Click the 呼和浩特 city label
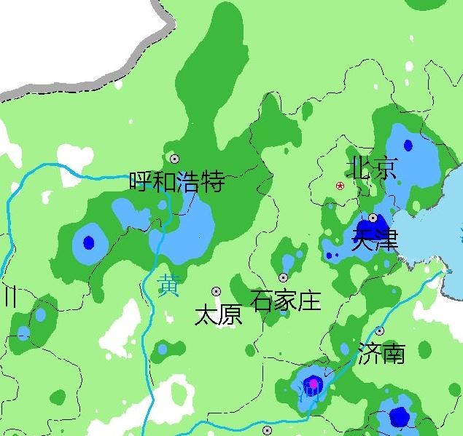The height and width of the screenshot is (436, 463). pos(176,181)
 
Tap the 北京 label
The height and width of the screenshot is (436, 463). pos(373,168)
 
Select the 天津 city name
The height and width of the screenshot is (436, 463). pos(375,239)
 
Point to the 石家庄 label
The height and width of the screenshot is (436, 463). pos(285,299)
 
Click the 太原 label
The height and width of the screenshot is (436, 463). pos(218,315)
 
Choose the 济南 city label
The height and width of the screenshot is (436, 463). pos(381,354)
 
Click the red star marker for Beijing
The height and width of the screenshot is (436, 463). pos(340,186)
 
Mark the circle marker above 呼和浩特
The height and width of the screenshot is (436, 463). pos(174,158)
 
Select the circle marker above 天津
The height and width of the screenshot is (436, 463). pos(373,218)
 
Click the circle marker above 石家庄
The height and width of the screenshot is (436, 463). pos(283,277)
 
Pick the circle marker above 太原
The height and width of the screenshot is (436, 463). pos(216,291)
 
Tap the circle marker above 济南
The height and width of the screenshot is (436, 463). pos(379,331)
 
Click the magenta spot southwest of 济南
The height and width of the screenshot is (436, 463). pos(314,383)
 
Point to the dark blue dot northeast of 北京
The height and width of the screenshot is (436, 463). pos(408,145)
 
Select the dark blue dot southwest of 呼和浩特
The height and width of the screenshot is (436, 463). pos(89,242)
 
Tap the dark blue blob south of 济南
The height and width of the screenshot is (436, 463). pos(398,417)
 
